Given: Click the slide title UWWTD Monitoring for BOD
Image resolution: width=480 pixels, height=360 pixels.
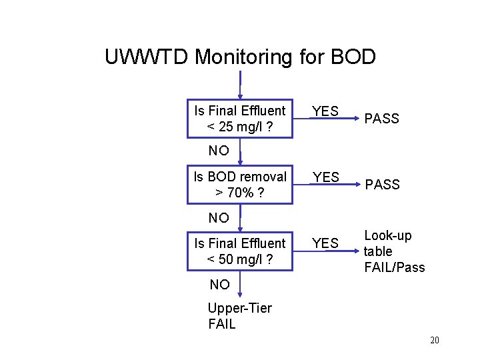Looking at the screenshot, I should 240,57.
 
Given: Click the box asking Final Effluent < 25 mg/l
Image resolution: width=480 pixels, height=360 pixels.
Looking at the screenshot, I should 239,119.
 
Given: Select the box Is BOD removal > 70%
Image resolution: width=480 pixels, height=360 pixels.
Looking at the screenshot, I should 239,185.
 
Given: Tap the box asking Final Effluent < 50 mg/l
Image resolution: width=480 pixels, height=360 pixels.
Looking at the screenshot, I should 239,251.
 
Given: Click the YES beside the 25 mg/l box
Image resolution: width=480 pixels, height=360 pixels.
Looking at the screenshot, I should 325,111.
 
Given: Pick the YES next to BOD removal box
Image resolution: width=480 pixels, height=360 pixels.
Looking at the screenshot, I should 325,177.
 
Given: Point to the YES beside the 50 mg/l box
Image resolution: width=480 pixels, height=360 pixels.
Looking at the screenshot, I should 325,243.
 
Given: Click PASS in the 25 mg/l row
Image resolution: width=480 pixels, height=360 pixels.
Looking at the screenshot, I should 381,119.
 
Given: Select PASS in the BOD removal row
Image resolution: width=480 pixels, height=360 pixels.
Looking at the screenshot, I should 381,185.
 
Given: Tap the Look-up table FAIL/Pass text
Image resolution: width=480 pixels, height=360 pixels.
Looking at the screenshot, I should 394,251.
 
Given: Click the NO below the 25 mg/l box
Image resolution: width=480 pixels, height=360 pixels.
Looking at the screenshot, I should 219,151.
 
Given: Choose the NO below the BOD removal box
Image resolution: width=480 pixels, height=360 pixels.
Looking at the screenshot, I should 219,217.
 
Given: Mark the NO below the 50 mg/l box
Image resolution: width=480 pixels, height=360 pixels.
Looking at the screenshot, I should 219,285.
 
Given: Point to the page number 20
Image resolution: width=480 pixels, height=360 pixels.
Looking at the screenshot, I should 435,341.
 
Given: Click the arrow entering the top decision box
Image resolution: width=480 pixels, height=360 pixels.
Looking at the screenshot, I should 240,87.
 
